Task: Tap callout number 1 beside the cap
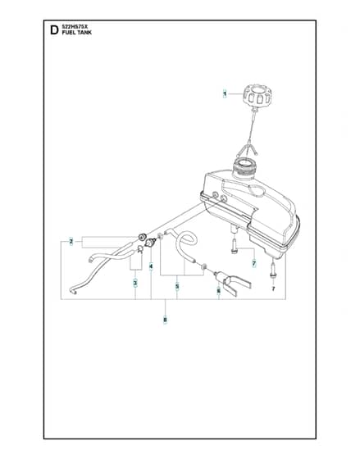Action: tap(225, 93)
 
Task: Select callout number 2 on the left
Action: tap(71, 242)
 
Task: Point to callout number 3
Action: tap(135, 283)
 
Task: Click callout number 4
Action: tap(151, 266)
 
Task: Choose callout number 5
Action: tap(177, 286)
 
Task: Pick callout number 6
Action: tap(218, 291)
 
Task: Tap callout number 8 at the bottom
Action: tap(165, 320)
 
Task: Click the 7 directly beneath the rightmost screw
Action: tap(273, 289)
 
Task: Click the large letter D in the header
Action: tap(54, 30)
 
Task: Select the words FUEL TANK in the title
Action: tap(77, 33)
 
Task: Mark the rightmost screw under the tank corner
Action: tap(273, 270)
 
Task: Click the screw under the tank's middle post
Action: tap(235, 247)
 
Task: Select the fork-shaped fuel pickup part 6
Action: tap(232, 283)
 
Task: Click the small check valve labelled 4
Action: tap(151, 243)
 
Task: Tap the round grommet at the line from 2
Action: tap(143, 237)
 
